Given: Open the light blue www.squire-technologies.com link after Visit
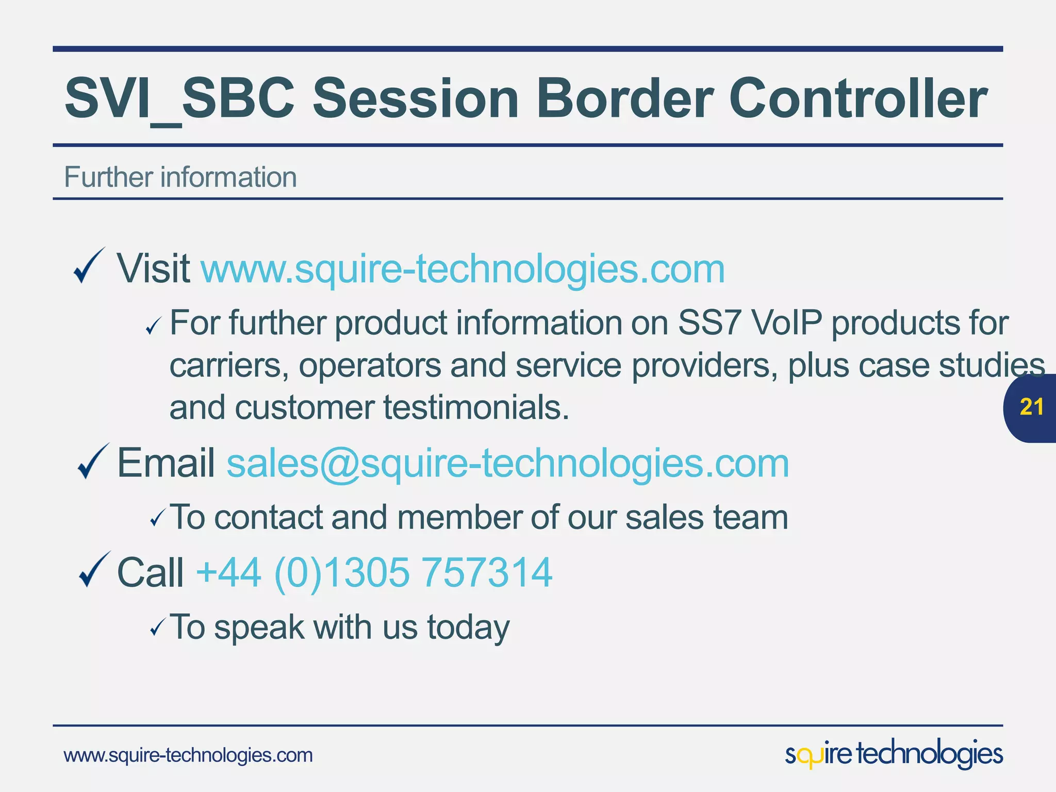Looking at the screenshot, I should pos(463,269).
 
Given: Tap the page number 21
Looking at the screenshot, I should pos(1032,407).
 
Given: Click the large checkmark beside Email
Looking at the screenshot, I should pos(93,461).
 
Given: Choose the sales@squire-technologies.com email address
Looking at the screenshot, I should pos(507,464).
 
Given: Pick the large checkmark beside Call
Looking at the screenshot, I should pos(94,570).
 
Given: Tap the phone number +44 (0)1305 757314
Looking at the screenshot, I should pos(374,572).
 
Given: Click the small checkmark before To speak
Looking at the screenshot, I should pos(157,628).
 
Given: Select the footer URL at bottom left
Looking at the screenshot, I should pos(188,755).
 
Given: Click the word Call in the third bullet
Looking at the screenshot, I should pos(150,572).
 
